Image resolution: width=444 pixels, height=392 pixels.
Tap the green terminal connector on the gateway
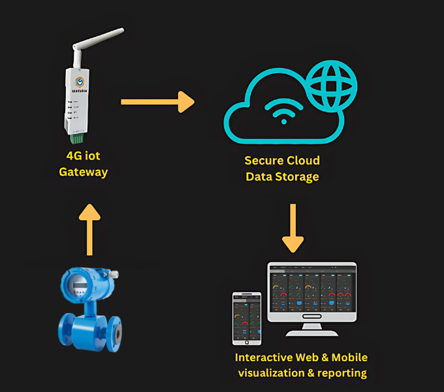(x=77, y=139)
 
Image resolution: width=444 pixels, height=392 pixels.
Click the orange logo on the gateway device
(x=80, y=82)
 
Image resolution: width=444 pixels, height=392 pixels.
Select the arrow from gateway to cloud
(x=157, y=101)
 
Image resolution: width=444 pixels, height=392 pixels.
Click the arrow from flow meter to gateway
(x=89, y=229)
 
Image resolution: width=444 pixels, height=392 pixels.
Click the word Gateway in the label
(x=83, y=172)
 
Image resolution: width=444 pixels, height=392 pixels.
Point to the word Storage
(x=296, y=176)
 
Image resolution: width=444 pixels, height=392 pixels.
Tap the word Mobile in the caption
(x=349, y=358)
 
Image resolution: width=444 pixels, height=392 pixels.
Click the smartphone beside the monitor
(x=247, y=318)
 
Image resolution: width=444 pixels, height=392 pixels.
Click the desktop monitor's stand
(x=312, y=327)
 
